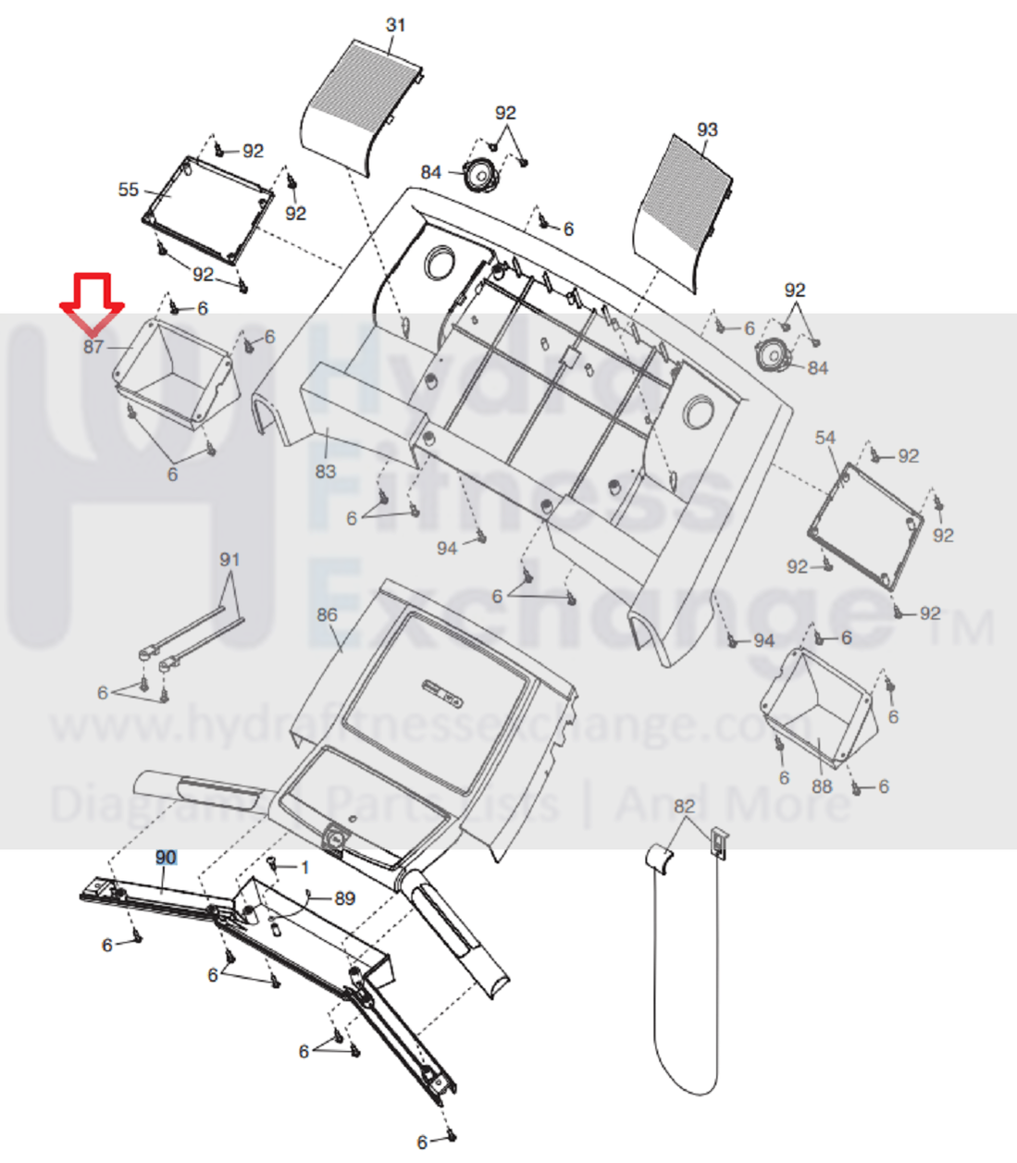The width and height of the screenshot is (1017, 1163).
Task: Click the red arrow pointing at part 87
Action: click(x=92, y=302)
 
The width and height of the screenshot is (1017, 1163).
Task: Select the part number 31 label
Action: click(x=396, y=25)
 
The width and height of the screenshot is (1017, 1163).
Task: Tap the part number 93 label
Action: click(x=707, y=130)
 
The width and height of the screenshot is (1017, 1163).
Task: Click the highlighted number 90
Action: click(x=166, y=858)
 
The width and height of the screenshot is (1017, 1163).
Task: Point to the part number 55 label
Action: click(x=129, y=190)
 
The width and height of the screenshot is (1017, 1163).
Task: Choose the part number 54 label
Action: click(x=825, y=438)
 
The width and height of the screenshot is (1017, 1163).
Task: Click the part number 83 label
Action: click(x=325, y=471)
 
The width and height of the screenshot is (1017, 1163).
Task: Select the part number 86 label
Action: click(x=327, y=614)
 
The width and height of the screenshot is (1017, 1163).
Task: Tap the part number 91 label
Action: click(x=229, y=560)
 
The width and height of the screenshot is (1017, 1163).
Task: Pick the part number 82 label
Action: click(x=684, y=806)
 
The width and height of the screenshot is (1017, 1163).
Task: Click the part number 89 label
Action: click(x=344, y=898)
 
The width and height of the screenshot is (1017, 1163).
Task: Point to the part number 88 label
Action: click(x=822, y=786)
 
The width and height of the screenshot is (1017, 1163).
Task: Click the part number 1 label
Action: click(x=305, y=868)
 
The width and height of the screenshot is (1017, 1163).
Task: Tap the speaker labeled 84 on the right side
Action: click(x=773, y=354)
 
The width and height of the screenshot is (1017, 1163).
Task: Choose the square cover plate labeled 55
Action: click(x=207, y=208)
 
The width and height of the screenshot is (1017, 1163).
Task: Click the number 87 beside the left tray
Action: click(x=93, y=347)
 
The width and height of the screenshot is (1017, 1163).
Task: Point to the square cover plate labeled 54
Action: click(x=866, y=526)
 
